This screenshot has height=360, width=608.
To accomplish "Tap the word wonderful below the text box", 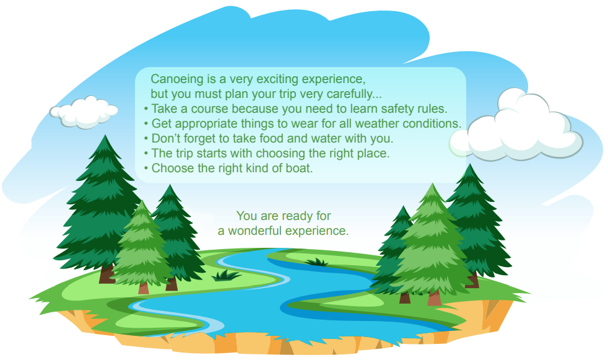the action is (254, 231).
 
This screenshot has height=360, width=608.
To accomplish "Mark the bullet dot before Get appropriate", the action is (146, 124).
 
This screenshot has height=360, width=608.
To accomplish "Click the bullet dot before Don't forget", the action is (146, 139).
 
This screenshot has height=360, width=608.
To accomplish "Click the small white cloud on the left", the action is (84, 112).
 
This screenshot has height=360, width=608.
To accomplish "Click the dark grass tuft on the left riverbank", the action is (225, 276).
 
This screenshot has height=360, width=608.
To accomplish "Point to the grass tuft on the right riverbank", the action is (317, 262).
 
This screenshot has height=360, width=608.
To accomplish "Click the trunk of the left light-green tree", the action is (144, 288).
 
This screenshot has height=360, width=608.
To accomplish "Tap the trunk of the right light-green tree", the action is (434, 298).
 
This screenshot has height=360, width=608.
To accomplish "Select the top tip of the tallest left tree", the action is (105, 135).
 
